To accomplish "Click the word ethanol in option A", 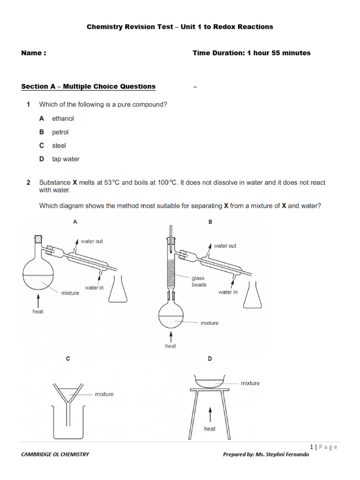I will [63, 119].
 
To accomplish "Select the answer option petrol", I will [60, 132].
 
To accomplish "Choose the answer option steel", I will [59, 146].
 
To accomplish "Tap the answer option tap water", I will [66, 159].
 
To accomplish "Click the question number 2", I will [28, 182].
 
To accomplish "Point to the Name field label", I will [34, 53].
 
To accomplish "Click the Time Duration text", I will [251, 53].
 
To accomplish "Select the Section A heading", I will [89, 86].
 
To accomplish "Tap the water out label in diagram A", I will [91, 241].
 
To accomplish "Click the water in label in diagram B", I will [228, 292].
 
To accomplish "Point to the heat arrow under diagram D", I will [210, 415].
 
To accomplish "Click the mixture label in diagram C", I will [104, 394].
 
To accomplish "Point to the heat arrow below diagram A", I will [38, 299].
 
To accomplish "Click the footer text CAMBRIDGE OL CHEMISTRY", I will [55, 454].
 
